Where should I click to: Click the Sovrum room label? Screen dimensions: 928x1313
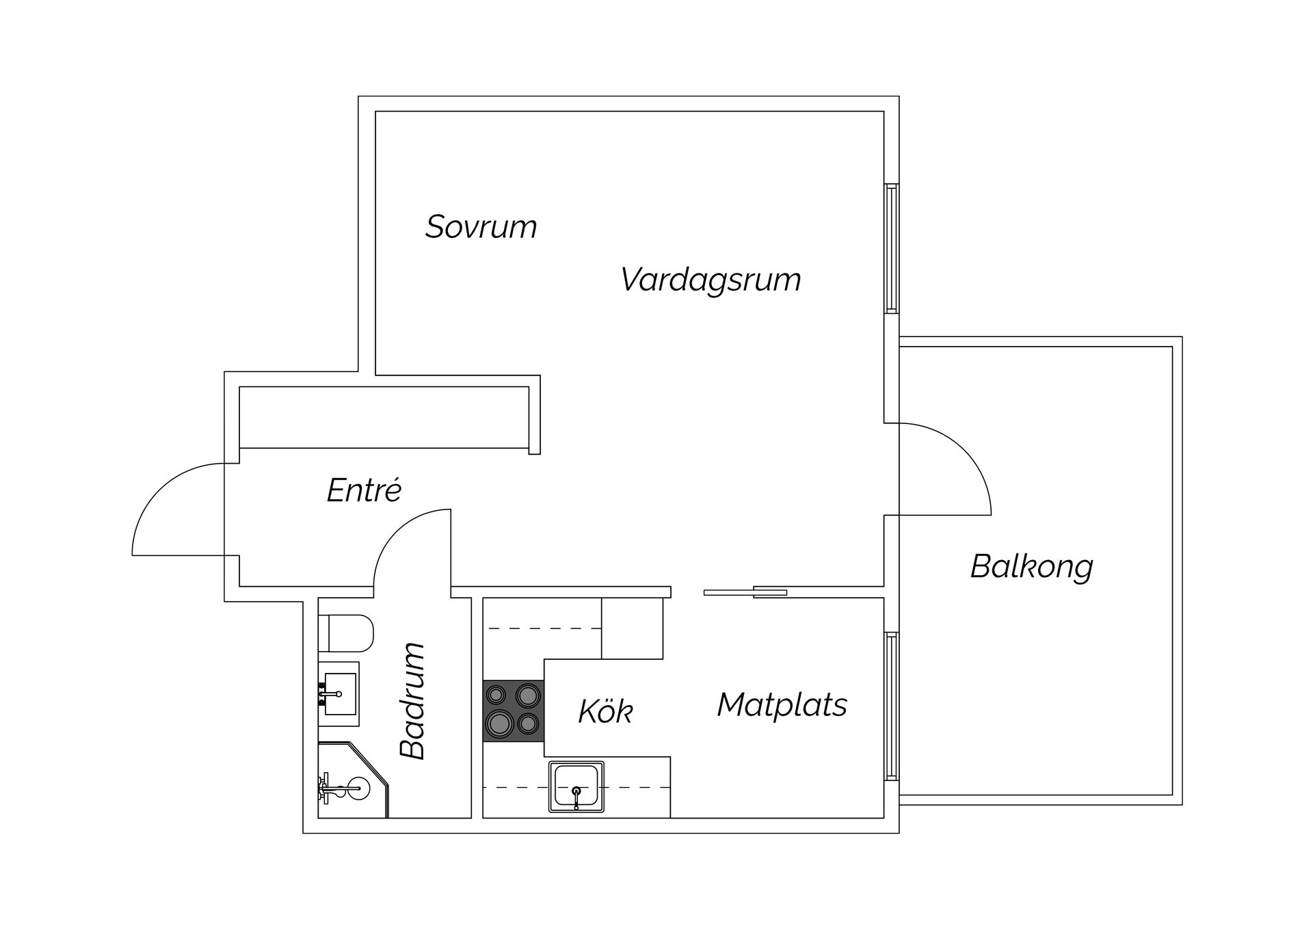point(481,227)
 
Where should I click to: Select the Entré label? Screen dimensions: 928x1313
point(364,490)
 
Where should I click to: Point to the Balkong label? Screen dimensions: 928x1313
point(1031,567)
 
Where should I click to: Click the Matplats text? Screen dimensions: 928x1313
point(782,705)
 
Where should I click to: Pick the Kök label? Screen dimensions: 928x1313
point(605,711)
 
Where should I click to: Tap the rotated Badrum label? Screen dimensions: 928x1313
point(413,701)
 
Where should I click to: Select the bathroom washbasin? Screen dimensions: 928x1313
point(339,693)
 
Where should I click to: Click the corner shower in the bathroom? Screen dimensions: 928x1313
point(350,782)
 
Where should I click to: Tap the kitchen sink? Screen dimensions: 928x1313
point(576,786)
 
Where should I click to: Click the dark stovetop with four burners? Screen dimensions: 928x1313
point(513,711)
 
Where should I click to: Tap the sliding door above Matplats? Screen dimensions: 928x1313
point(745,592)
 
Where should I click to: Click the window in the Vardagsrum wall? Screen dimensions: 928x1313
point(891,248)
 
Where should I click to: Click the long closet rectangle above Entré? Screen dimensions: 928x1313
point(384,418)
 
